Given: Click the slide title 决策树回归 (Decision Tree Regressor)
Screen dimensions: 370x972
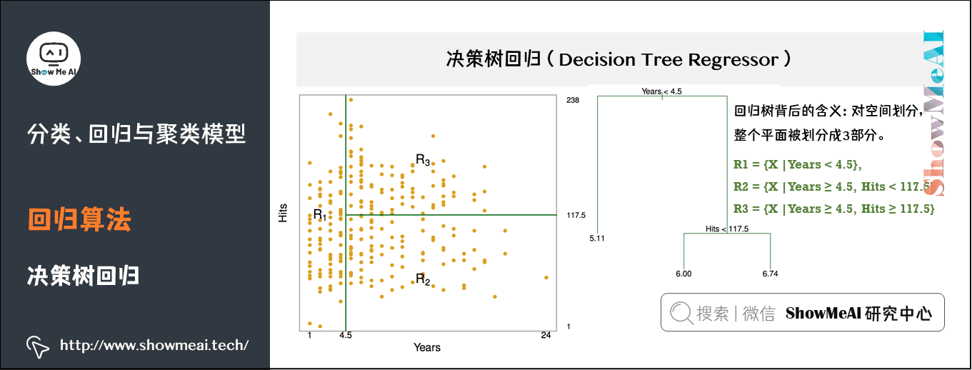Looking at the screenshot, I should coord(618,59).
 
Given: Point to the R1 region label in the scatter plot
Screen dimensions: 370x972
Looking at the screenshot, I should coord(319,215).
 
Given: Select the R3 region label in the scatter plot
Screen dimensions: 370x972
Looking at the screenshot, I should coord(423,160).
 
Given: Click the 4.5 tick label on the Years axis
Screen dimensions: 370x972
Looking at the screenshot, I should coord(346,335).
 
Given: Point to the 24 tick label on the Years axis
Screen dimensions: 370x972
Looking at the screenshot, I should coord(545,335).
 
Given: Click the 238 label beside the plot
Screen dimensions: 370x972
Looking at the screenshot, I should coord(572,100).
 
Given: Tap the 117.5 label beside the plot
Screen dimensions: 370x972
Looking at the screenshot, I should coord(576,215).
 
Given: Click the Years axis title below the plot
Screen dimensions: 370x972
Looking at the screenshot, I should coord(427,348).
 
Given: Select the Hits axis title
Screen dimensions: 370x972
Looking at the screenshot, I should coord(284,212).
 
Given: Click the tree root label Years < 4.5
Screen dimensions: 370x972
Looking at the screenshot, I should coord(662,91).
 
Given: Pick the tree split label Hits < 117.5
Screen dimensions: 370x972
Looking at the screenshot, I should coord(726,229).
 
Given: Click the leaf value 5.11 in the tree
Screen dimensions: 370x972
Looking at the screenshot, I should coord(597,239).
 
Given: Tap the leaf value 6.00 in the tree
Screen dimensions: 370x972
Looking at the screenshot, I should coord(683,274).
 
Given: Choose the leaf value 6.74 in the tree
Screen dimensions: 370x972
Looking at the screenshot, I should coord(770,274).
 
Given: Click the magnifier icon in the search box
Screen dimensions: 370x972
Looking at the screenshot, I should coord(681,313).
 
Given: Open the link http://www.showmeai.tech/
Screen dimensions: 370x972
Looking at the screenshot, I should coord(154,346).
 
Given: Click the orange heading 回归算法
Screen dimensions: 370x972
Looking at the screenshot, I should coord(79,220).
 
